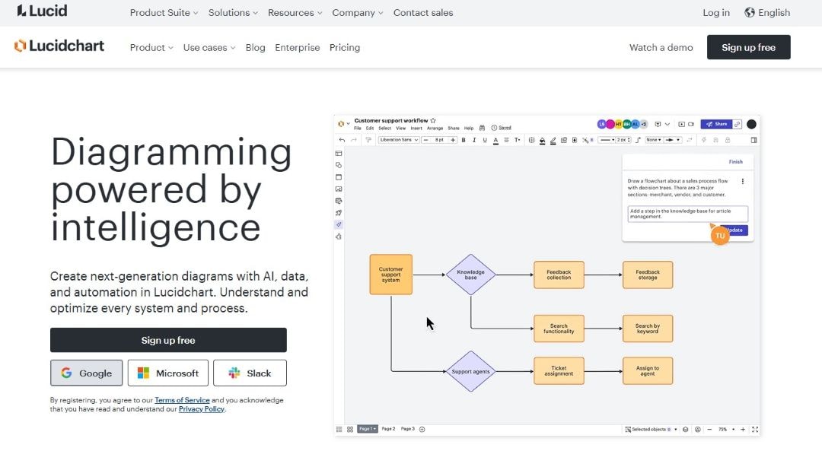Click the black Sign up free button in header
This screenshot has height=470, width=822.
748,47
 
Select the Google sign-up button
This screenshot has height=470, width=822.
86,373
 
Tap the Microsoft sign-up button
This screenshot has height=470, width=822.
167,373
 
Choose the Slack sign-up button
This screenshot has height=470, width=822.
250,373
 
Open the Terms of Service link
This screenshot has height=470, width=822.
182,400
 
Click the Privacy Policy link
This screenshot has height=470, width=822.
202,409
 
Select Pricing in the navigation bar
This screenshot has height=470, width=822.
344,47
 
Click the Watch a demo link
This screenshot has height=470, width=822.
661,47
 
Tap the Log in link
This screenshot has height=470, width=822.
715,12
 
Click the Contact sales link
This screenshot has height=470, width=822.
422,12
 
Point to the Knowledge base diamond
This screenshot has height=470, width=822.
470,275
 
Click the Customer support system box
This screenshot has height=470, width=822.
390,275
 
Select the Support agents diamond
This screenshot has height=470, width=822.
470,371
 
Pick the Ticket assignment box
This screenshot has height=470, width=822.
559,371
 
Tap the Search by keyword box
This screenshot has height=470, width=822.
647,329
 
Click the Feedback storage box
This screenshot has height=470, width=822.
647,275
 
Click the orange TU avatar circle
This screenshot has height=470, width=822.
719,236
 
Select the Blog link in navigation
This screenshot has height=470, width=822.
255,47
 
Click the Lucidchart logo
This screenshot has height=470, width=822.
59,46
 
